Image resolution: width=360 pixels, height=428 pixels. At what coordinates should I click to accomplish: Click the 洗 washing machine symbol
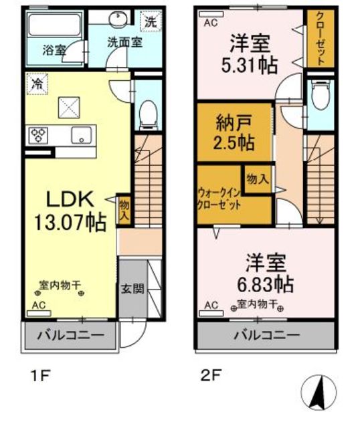[x=152, y=21]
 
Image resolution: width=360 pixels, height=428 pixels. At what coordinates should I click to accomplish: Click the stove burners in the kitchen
[x=38, y=136]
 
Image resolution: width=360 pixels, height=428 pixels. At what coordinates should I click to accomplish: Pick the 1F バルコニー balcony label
[x=70, y=334]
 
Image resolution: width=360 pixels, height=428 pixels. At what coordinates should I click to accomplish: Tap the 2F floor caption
[x=209, y=375]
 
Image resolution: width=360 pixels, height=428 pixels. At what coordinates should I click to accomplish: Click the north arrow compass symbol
[x=322, y=391]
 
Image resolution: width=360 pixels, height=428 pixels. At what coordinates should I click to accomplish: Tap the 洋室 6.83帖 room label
[x=266, y=272]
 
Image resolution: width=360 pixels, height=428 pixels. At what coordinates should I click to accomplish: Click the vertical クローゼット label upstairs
[x=320, y=39]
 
